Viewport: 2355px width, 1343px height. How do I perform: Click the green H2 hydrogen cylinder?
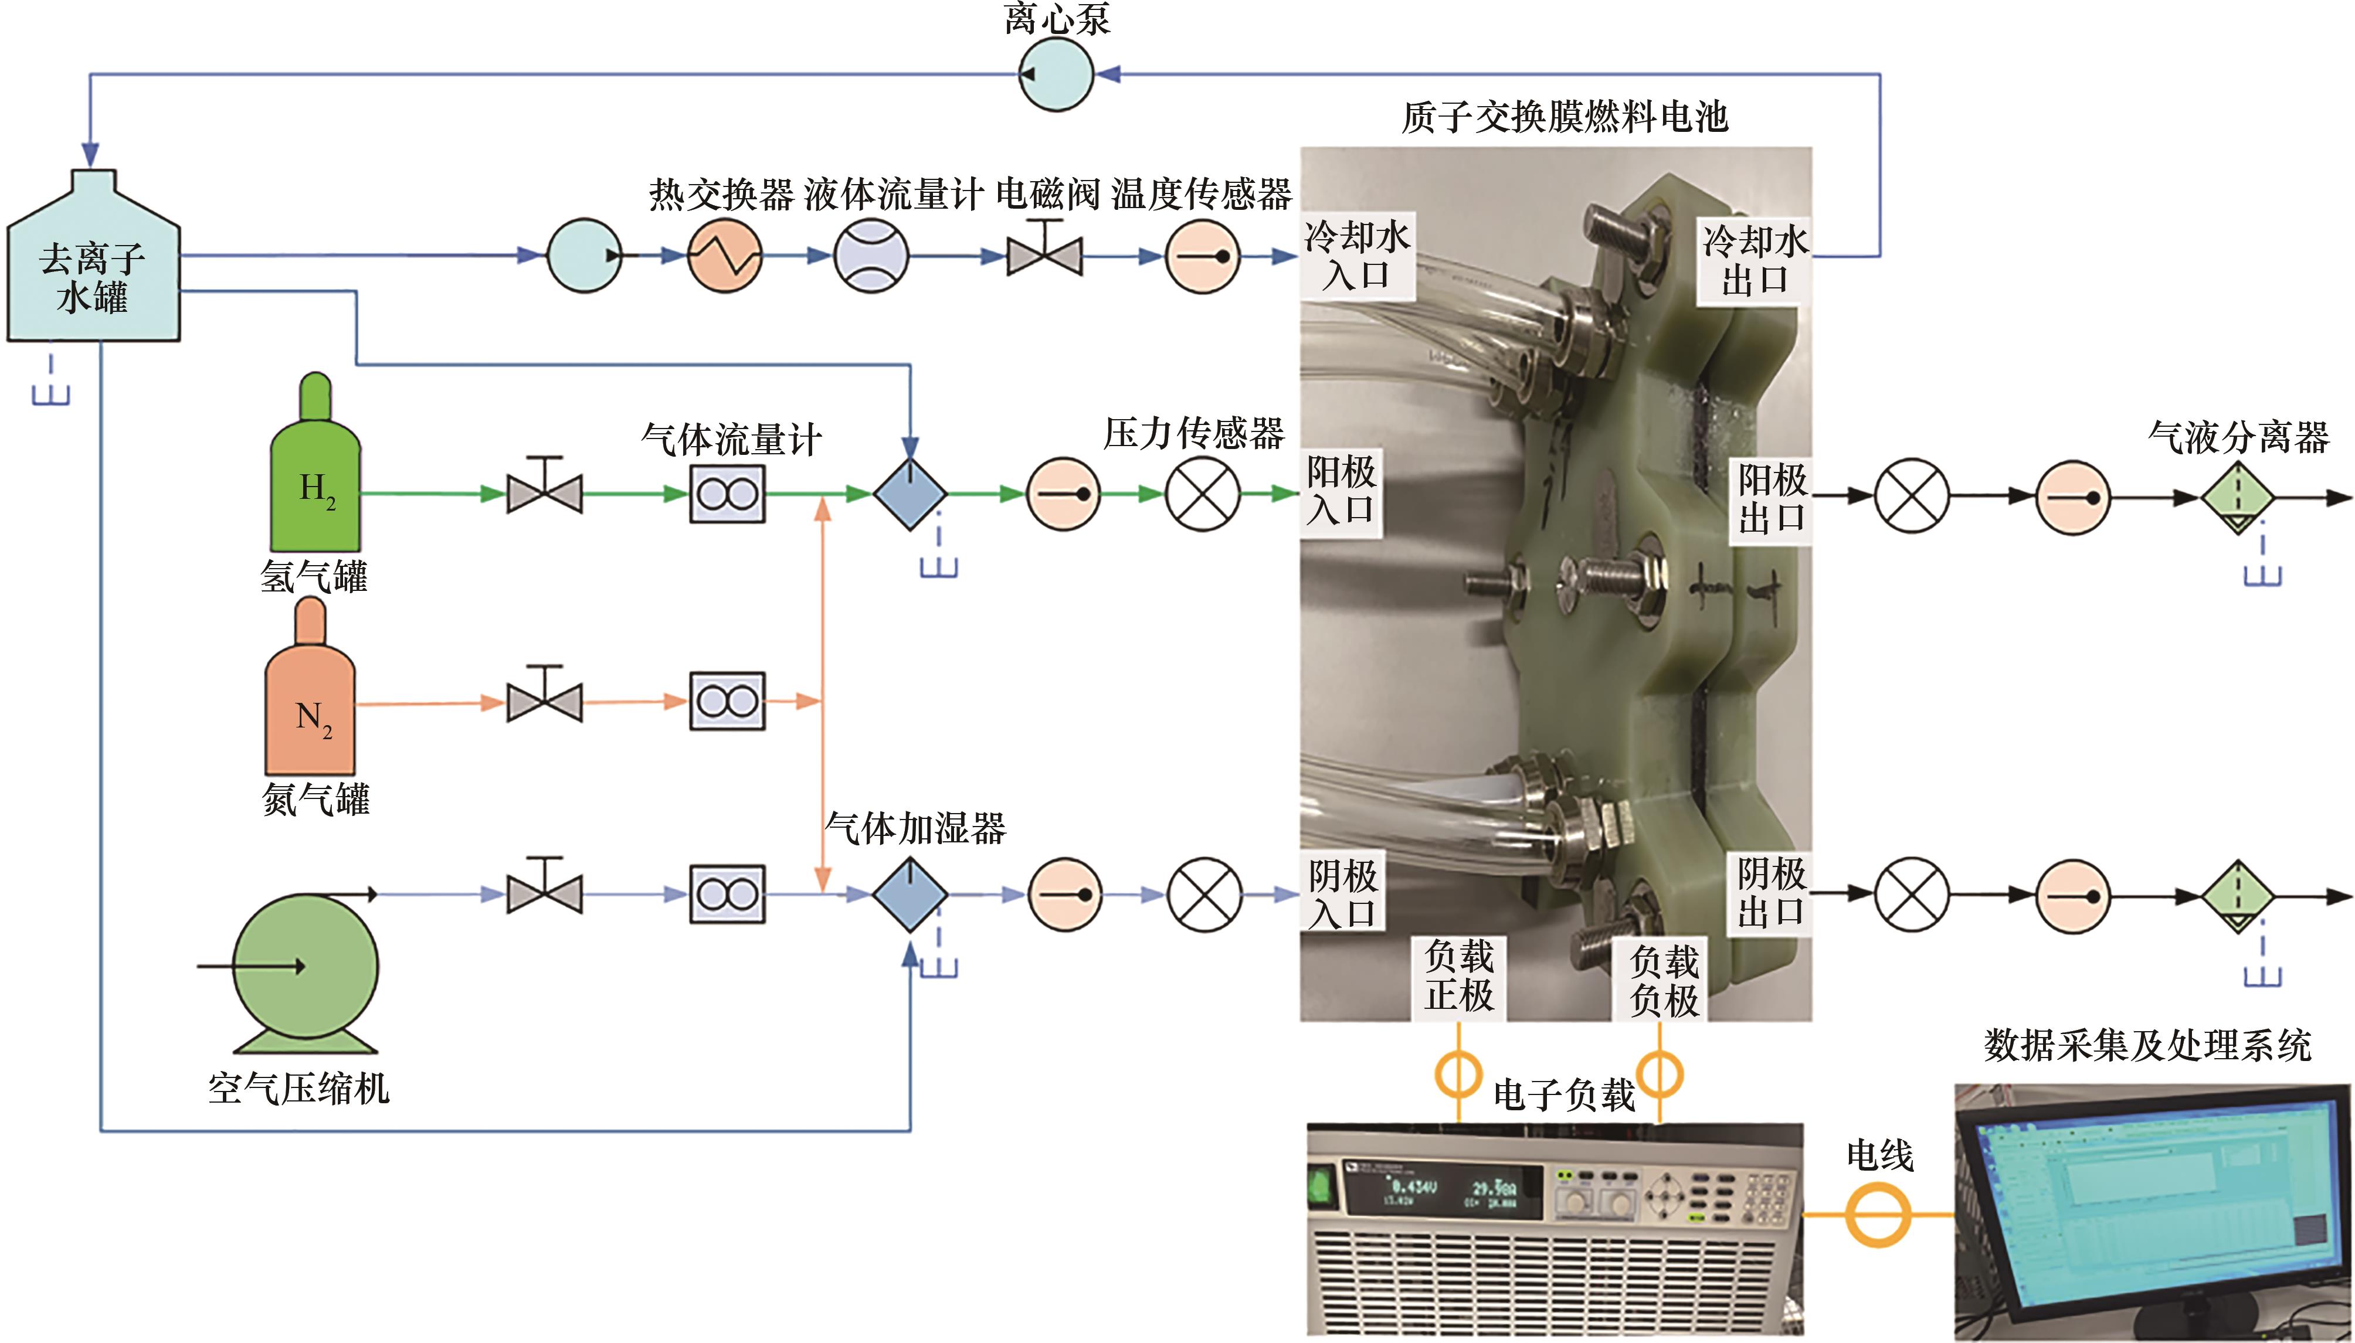tap(314, 480)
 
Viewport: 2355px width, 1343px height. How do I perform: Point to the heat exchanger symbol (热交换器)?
tap(725, 256)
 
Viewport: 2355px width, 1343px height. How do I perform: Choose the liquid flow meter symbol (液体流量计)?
tap(871, 256)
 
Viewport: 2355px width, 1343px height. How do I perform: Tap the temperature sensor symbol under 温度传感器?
tap(1202, 256)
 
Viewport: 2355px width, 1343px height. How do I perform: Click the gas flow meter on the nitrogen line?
tap(728, 702)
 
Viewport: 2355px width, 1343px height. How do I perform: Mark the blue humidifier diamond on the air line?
tap(910, 894)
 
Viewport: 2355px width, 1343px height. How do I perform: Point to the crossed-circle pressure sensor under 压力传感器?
tap(1203, 494)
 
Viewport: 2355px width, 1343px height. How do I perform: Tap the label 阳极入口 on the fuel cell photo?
tap(1341, 491)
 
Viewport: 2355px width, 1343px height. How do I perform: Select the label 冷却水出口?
tap(1755, 260)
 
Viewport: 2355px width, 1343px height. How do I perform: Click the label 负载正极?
tap(1458, 976)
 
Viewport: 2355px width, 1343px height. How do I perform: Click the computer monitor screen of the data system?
tap(2149, 1199)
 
